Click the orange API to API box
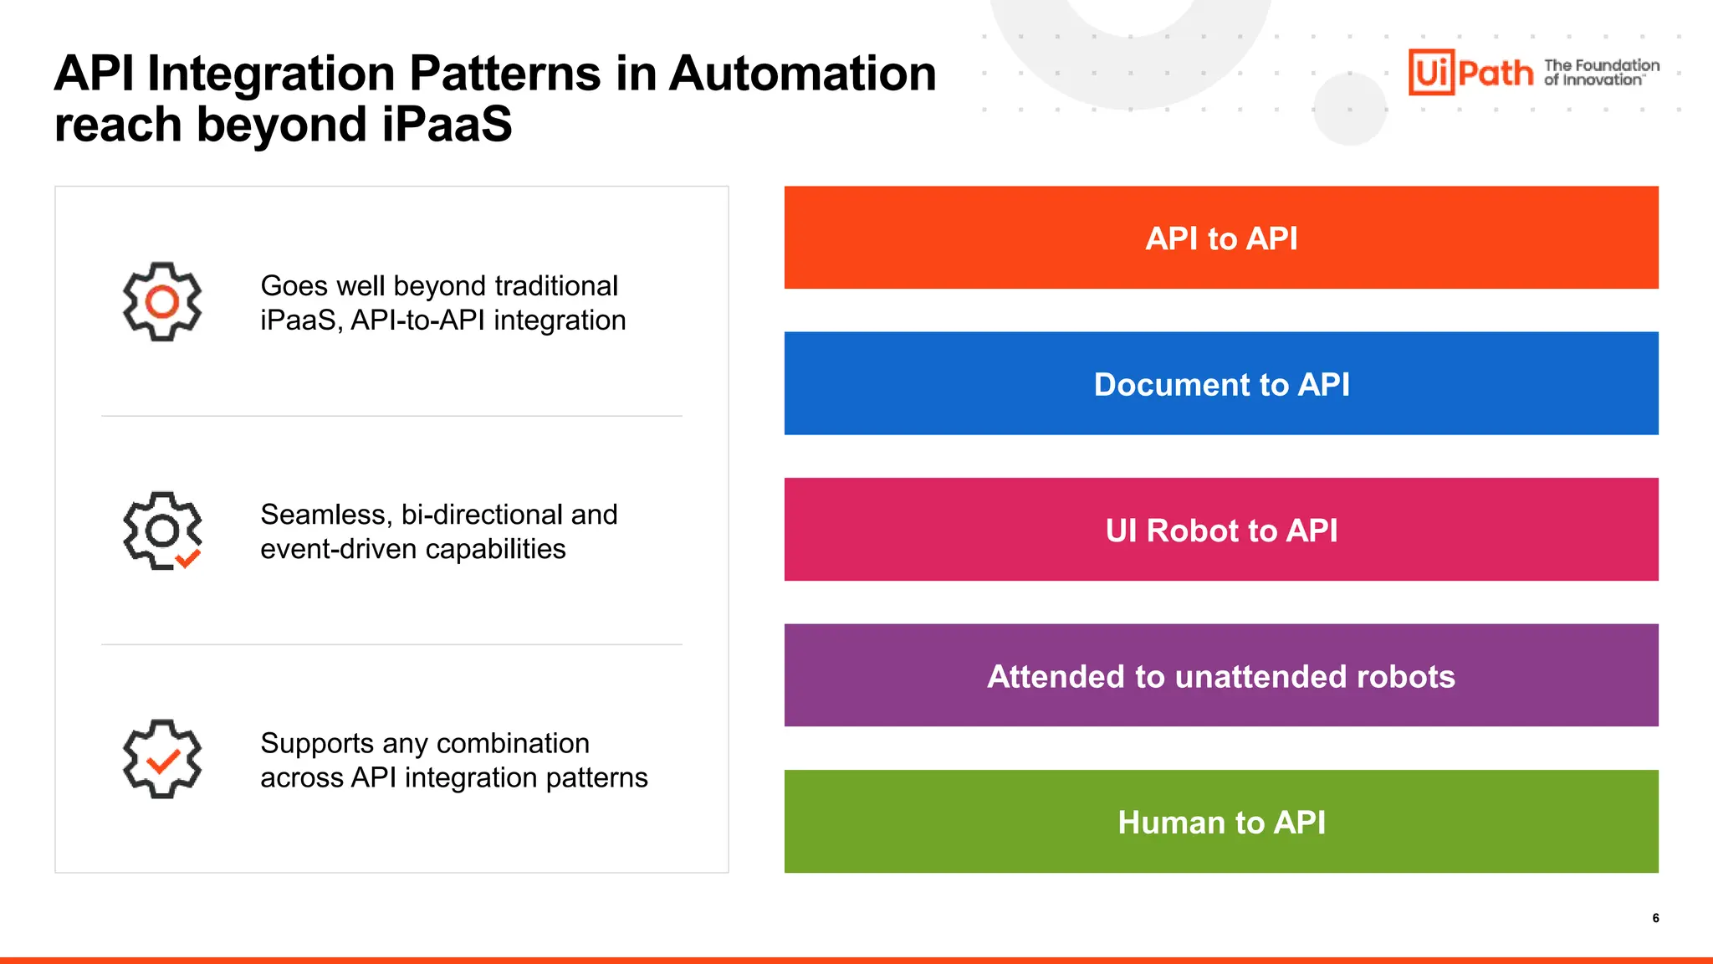pyautogui.click(x=1221, y=238)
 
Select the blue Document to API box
pyautogui.click(x=1221, y=383)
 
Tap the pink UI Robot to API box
pyautogui.click(x=1221, y=530)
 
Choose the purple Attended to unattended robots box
pyautogui.click(x=1221, y=675)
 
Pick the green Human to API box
pyautogui.click(x=1221, y=822)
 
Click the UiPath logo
pyautogui.click(x=1470, y=72)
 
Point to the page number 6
pyautogui.click(x=1655, y=918)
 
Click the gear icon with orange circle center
pyautogui.click(x=162, y=301)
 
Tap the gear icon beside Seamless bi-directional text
pyautogui.click(x=162, y=531)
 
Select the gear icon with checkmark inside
pyautogui.click(x=162, y=759)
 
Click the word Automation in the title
pyautogui.click(x=802, y=74)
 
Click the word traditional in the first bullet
pyautogui.click(x=556, y=286)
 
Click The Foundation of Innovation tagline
pyautogui.click(x=1601, y=72)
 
